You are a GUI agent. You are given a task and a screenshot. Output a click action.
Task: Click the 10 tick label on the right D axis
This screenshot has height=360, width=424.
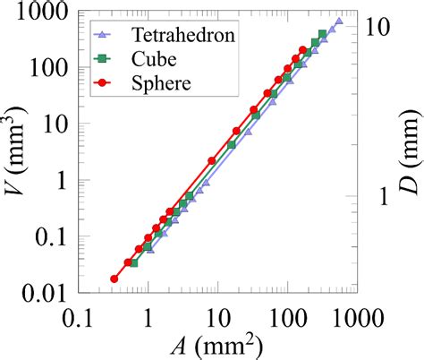pos(378,26)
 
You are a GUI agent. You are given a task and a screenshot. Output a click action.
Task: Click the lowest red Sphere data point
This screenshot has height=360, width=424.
pos(114,279)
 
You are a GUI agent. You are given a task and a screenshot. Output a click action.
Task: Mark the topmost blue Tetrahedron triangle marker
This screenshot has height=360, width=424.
pos(338,21)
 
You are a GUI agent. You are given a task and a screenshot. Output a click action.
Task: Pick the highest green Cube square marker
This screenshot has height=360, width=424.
pos(322,34)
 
